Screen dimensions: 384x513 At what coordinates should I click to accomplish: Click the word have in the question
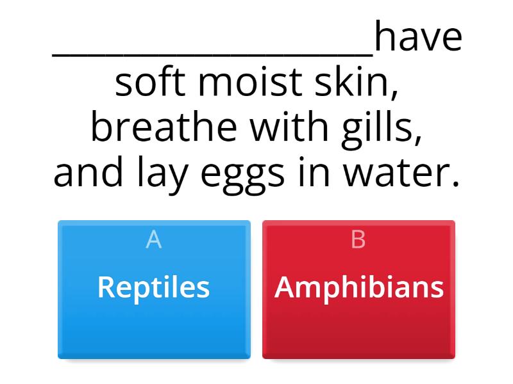(418, 38)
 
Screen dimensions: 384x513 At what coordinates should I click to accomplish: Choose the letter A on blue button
(154, 239)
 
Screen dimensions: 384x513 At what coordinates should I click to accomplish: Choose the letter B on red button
(358, 239)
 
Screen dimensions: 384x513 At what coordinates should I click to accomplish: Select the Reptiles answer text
(154, 287)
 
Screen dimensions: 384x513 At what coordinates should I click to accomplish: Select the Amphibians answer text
(359, 287)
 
